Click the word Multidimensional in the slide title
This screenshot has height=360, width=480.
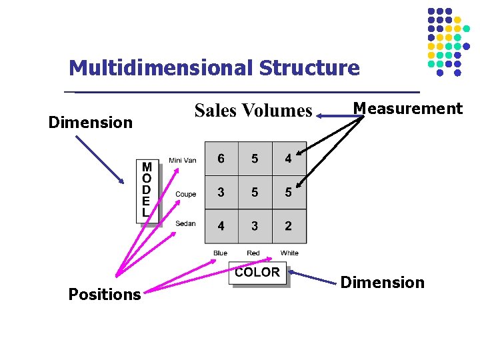161,68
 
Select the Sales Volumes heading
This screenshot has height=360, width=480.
253,111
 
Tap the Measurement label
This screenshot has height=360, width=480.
407,109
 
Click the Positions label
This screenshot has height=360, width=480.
105,295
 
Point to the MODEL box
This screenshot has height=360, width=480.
147,191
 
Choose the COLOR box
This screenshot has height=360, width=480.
257,273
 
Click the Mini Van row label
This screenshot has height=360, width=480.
183,160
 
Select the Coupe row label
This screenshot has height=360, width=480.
185,194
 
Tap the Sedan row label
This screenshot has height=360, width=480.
185,224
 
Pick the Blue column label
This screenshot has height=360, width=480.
220,253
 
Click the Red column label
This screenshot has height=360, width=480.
253,253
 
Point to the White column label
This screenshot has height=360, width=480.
289,253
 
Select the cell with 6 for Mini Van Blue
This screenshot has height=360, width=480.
221,159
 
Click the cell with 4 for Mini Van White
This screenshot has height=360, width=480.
288,159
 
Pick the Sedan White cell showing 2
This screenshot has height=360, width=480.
288,226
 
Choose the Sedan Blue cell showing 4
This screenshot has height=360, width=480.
221,226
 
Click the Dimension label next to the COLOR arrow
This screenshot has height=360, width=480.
382,283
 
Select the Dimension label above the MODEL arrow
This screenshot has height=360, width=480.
91,123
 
